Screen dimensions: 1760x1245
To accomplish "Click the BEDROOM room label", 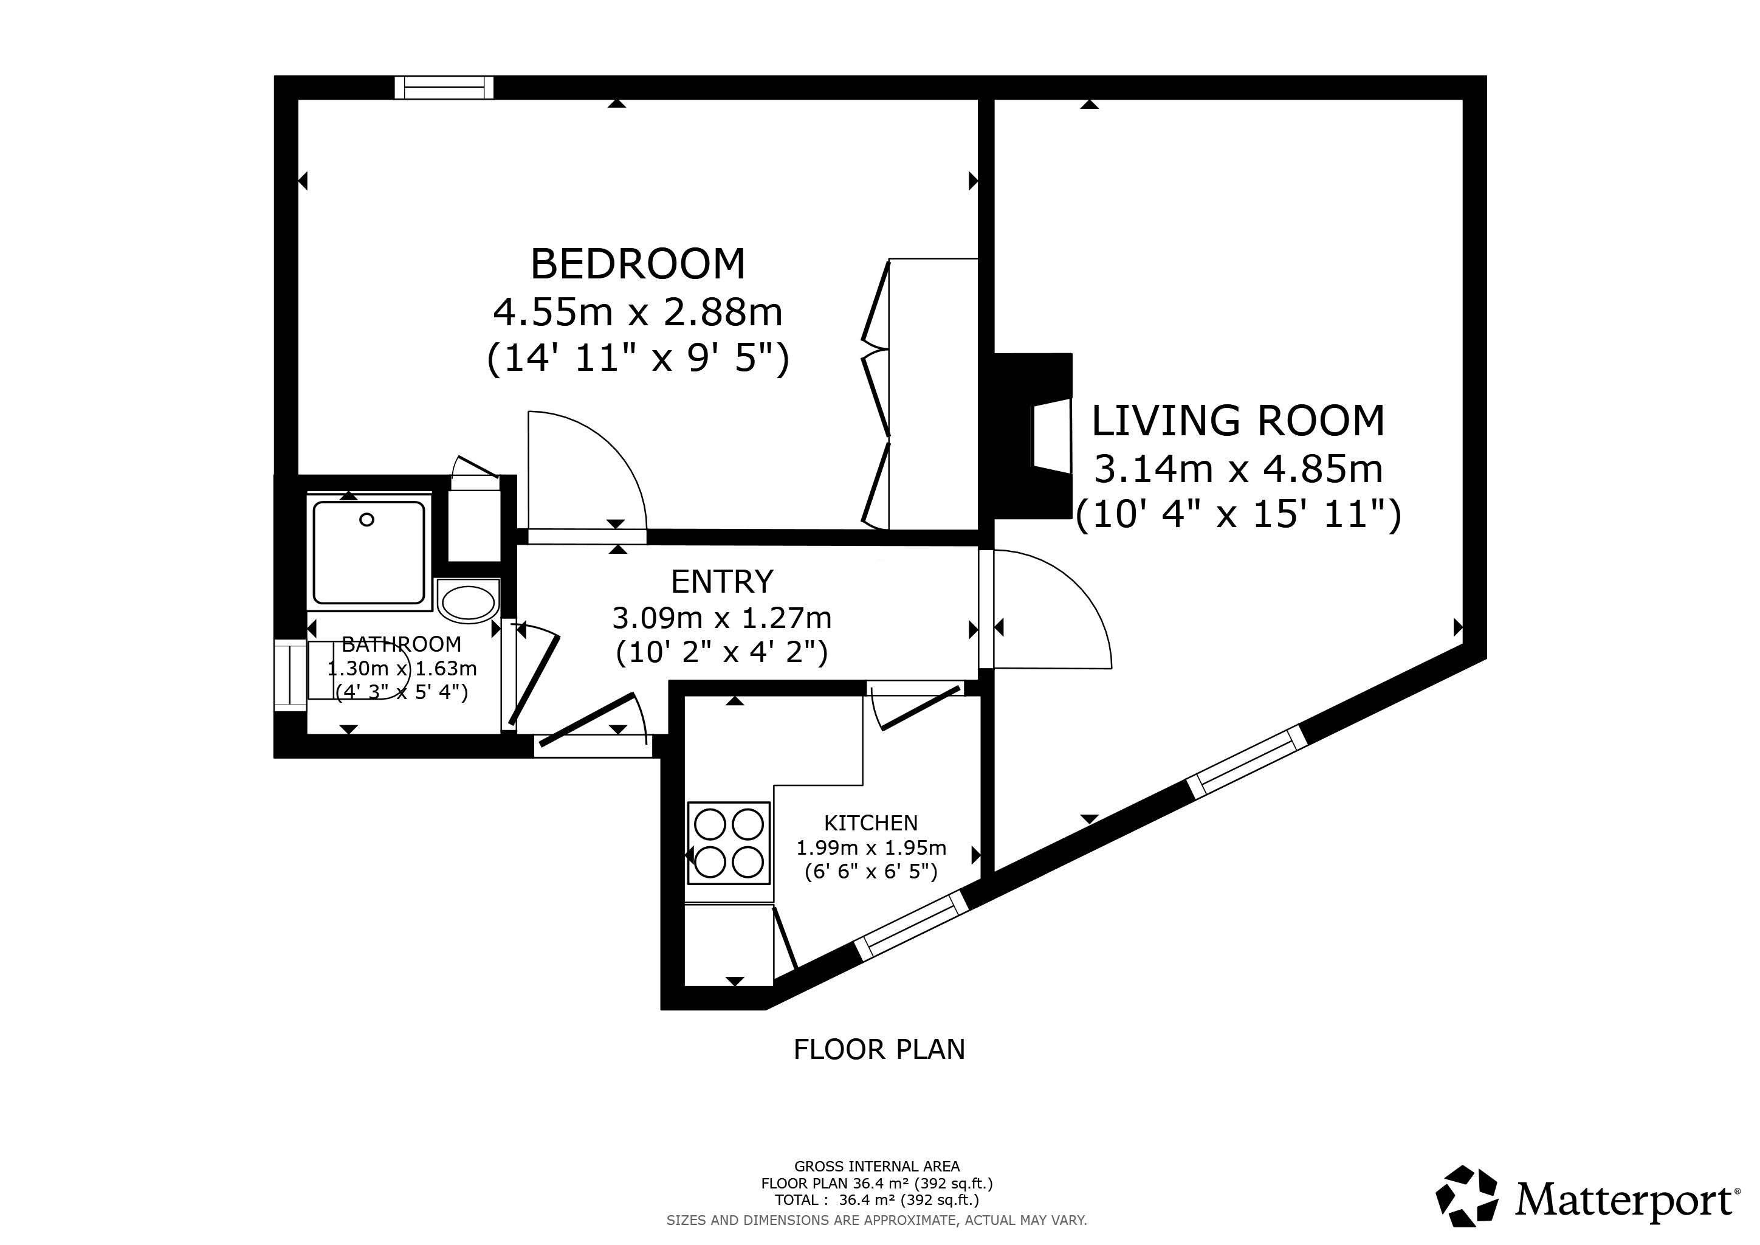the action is pos(638,264).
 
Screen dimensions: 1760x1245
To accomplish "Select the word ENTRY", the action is pos(722,582).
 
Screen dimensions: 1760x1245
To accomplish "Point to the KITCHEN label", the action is pos(871,823).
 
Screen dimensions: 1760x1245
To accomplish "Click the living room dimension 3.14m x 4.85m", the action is pos(1238,469).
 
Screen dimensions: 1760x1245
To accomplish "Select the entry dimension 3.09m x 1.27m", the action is pos(722,617).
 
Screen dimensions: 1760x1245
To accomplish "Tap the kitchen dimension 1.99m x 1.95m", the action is pos(871,848).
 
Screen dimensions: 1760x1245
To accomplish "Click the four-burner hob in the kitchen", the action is pos(728,843).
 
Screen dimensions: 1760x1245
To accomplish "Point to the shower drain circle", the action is pos(367,520).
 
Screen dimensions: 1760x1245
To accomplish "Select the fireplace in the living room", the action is pos(1033,436).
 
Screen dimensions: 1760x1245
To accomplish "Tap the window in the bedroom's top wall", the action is pos(445,88).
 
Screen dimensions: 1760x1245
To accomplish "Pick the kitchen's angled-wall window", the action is pos(912,926).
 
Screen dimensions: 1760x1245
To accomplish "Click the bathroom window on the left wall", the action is pos(290,675).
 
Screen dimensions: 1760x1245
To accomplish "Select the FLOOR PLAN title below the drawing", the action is pos(879,1049).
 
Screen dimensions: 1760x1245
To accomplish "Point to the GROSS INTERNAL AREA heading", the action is pos(877,1167).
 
